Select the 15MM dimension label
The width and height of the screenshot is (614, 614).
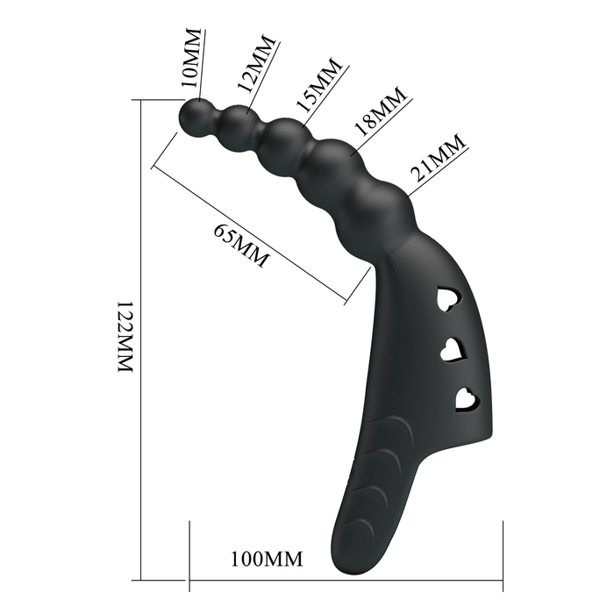tap(317, 85)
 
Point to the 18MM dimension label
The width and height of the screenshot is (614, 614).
tap(379, 111)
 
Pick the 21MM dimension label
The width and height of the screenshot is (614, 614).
tap(436, 157)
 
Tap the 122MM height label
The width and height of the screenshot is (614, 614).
tap(125, 339)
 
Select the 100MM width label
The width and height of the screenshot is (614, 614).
tap(267, 558)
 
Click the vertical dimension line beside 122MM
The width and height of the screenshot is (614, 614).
tap(140, 351)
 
